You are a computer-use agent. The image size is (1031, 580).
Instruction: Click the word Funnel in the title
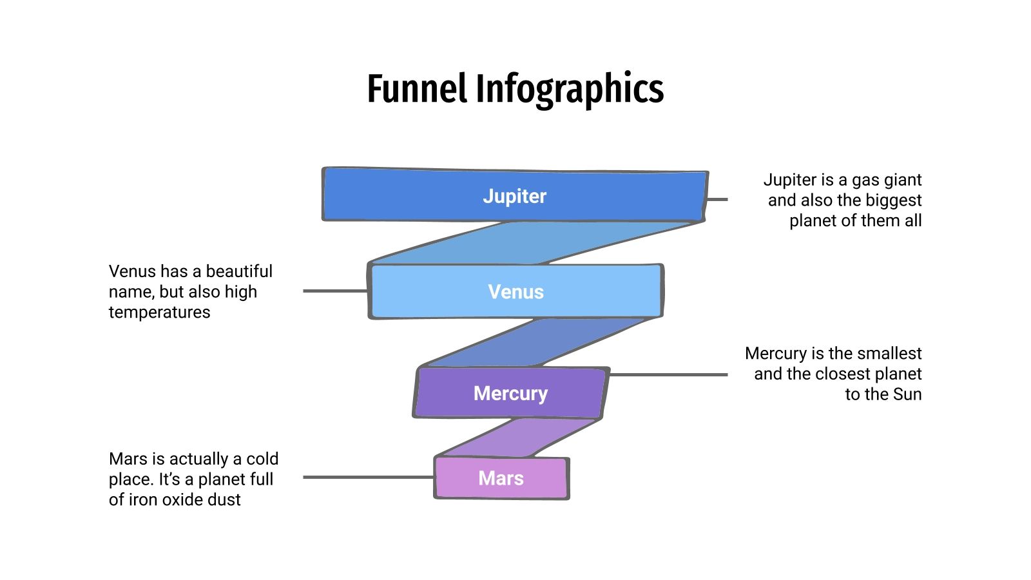tap(416, 89)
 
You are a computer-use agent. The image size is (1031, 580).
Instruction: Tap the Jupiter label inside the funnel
tap(514, 196)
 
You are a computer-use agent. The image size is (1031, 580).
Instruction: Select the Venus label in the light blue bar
tap(515, 292)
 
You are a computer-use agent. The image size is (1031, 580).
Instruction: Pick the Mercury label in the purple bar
tap(510, 393)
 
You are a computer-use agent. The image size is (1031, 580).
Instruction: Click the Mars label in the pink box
tap(501, 478)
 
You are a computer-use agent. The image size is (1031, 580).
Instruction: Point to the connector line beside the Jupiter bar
tap(718, 200)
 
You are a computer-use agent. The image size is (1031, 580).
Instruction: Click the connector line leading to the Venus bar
tap(335, 291)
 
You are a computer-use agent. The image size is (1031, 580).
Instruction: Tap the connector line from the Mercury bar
tap(668, 374)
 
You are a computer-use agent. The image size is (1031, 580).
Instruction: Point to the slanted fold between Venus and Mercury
tap(535, 342)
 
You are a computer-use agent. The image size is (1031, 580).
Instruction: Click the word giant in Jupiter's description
tap(903, 180)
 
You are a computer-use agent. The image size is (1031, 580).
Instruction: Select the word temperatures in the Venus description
tap(159, 313)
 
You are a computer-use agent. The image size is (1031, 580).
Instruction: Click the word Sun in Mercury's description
tap(907, 394)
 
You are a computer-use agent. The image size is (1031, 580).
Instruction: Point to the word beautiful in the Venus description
tap(239, 271)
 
